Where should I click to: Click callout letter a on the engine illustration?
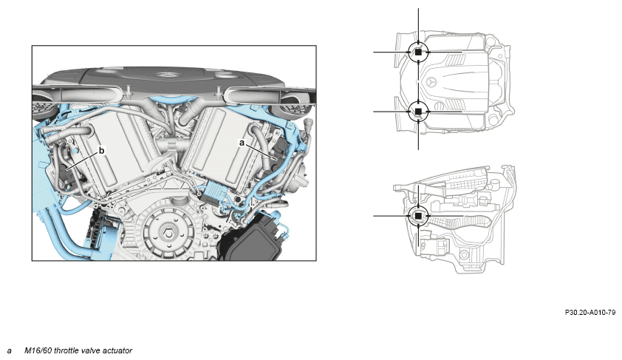coord(242,143)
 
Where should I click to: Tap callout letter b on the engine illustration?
coord(101,150)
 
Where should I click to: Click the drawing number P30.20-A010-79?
coord(590,313)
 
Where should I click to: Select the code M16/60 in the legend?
coord(38,350)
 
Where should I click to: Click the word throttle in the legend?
coord(66,350)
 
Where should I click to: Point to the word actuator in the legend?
coord(117,350)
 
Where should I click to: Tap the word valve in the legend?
coord(91,350)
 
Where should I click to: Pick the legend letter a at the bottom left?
coord(9,351)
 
